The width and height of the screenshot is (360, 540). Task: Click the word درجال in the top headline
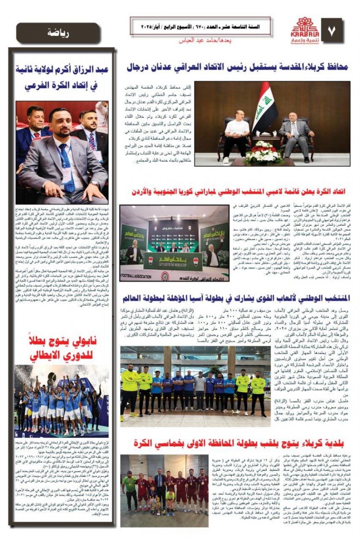coord(139,68)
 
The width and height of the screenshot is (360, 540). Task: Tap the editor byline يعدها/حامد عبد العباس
coord(205,40)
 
